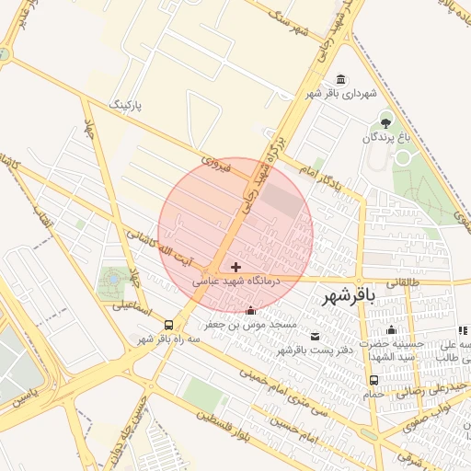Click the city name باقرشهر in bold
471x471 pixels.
point(350,296)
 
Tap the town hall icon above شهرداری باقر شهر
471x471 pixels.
point(342,80)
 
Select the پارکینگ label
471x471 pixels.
point(127,103)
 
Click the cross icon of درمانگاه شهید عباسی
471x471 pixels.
point(236,267)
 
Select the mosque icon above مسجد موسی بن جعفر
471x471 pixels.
point(251,312)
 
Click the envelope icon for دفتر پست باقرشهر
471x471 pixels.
point(316,337)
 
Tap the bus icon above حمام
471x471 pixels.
point(373,380)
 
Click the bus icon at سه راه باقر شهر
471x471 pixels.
point(168,325)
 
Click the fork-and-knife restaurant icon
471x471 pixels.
point(462,329)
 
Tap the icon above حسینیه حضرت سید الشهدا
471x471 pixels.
point(391,330)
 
